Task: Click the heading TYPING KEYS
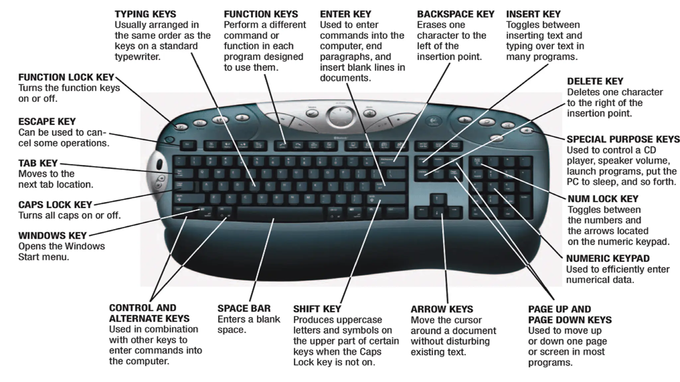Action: click(145, 14)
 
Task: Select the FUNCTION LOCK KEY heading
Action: click(66, 77)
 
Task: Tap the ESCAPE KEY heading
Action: click(47, 121)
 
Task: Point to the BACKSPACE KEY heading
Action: click(456, 14)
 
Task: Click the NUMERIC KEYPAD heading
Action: click(608, 258)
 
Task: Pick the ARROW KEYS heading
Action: click(442, 309)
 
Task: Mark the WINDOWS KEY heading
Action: click(52, 235)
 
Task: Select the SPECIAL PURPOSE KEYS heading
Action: click(623, 139)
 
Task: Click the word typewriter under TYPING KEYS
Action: click(137, 57)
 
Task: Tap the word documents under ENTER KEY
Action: click(345, 78)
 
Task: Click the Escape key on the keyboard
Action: click(188, 145)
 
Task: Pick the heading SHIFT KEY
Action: click(317, 309)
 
